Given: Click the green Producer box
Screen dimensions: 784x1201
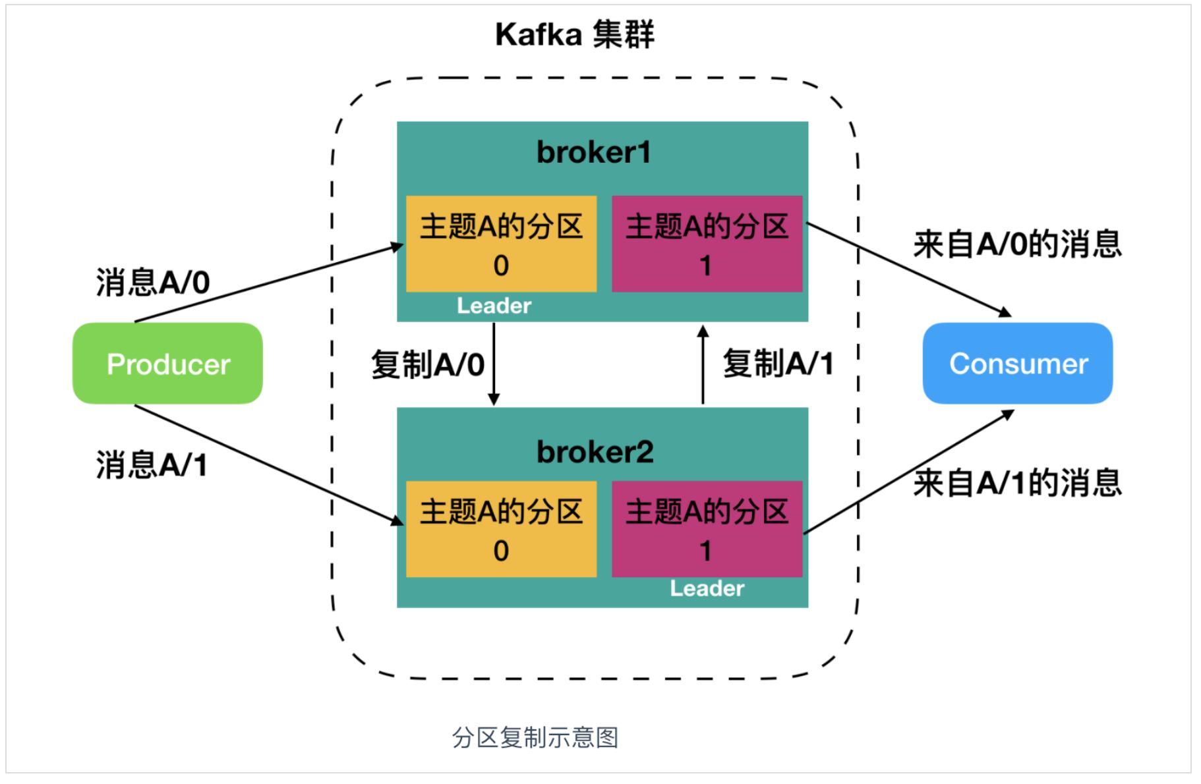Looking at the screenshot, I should coord(167,363).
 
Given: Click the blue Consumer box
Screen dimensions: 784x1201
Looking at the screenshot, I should coord(1017,363).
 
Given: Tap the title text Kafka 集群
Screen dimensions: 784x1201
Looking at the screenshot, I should coord(574,34).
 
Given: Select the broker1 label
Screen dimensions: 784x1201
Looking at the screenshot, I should coord(593,152).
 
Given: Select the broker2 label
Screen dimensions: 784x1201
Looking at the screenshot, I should coord(595,452).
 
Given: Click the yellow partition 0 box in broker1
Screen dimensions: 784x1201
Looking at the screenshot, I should coord(501,244).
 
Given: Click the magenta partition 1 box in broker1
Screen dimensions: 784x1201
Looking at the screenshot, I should coord(707,244).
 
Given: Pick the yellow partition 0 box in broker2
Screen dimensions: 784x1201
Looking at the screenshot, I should coord(501,529).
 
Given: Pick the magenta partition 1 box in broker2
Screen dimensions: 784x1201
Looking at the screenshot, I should coord(707,529).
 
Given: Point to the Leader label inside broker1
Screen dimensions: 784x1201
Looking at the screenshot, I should coord(494,306).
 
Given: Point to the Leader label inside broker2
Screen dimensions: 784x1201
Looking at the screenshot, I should coord(707,588).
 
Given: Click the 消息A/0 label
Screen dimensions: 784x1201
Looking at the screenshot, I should coord(153,283).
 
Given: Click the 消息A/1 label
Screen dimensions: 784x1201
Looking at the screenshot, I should coord(152,465).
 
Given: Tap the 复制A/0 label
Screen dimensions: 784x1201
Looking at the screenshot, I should coord(427,364).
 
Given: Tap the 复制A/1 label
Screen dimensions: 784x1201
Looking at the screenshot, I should coord(778,363).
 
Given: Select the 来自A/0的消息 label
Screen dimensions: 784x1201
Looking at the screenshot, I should coord(1017,244).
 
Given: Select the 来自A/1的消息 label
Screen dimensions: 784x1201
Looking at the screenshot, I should coord(1017,483).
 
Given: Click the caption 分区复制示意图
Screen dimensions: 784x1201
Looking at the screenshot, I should coord(535,737).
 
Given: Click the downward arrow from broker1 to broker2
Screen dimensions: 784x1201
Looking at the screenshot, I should coord(494,363).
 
